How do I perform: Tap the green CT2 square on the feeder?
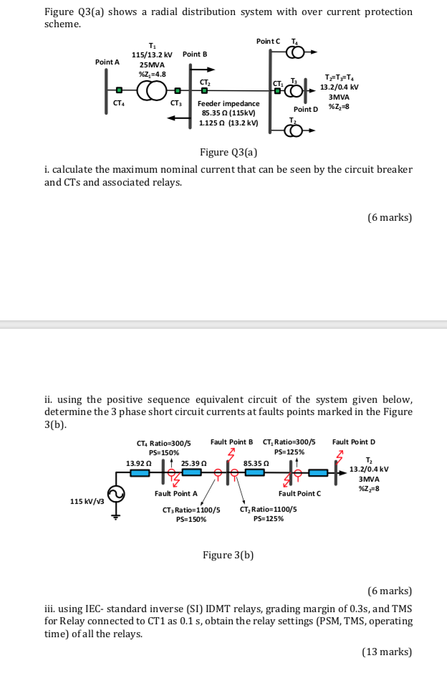click(x=205, y=91)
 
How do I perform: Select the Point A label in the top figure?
click(x=108, y=63)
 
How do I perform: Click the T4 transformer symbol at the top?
click(x=294, y=51)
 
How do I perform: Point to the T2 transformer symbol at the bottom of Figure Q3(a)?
click(x=294, y=130)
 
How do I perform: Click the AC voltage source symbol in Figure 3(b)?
click(x=115, y=493)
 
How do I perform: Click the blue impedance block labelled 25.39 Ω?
click(x=191, y=473)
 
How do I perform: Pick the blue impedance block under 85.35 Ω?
click(x=256, y=473)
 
